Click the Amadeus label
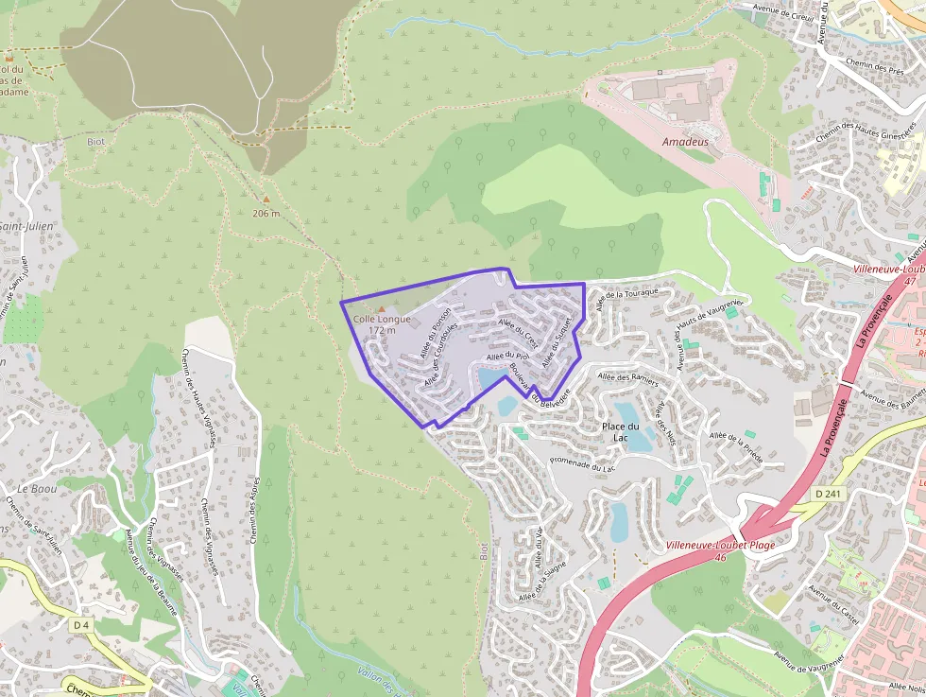tap(685, 141)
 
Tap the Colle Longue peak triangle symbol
tap(382, 309)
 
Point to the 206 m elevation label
tap(266, 213)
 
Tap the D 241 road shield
tap(828, 494)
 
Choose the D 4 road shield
tap(81, 625)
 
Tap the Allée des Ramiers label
tap(627, 378)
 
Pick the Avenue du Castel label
tap(833, 606)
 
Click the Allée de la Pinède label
tap(743, 442)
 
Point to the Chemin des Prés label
tap(875, 68)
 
